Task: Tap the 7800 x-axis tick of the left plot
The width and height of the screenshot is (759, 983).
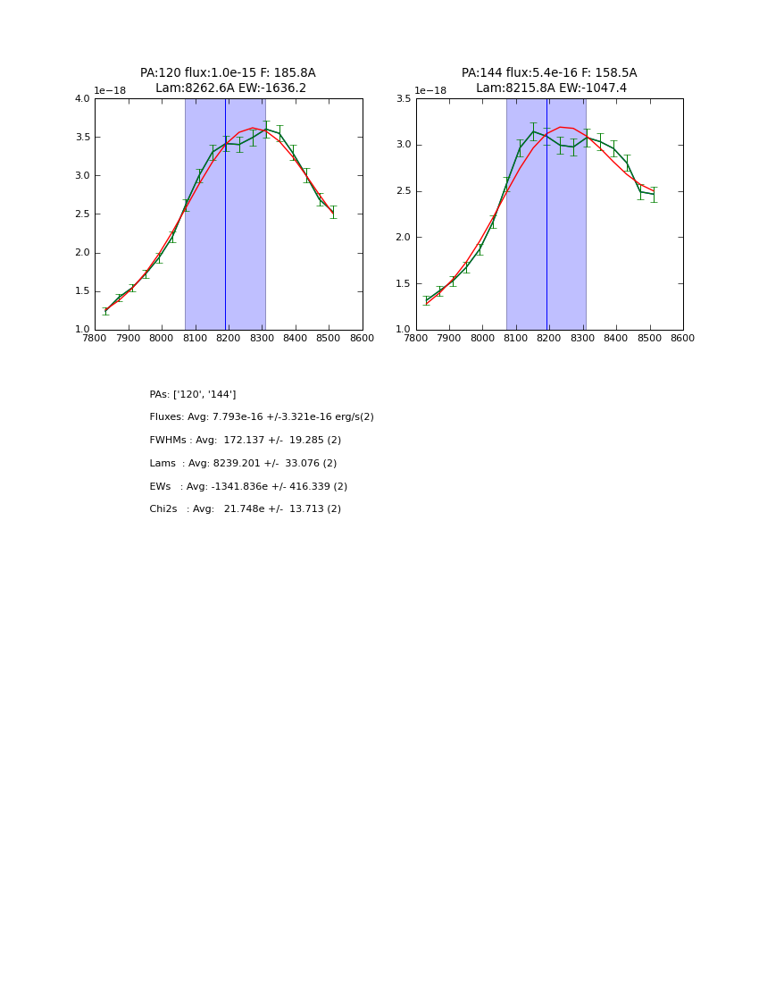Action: [95, 339]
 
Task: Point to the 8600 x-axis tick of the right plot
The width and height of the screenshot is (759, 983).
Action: [683, 339]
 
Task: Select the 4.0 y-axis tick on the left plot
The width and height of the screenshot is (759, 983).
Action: [82, 99]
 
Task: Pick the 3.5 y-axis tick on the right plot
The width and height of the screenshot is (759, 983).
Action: [404, 99]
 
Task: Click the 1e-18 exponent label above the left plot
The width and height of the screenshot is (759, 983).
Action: [110, 91]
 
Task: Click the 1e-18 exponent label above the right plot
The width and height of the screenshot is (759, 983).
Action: [430, 91]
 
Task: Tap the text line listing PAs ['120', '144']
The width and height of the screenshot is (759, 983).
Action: [193, 395]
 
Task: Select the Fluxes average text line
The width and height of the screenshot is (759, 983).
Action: [262, 417]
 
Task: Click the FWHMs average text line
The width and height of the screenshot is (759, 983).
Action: [246, 441]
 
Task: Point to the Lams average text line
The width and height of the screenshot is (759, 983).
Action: [243, 464]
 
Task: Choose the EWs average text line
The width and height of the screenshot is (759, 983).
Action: [248, 487]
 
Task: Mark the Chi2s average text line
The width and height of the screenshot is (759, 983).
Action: [246, 509]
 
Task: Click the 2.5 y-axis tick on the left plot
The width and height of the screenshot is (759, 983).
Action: [82, 214]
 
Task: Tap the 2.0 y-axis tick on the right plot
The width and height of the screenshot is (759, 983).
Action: [404, 238]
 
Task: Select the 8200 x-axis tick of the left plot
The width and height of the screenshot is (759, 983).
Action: [229, 339]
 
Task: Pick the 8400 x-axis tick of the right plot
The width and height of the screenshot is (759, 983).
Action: [616, 339]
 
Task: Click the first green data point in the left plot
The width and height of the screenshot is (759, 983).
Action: [105, 311]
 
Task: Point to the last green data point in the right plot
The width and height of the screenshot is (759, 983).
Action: [654, 194]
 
